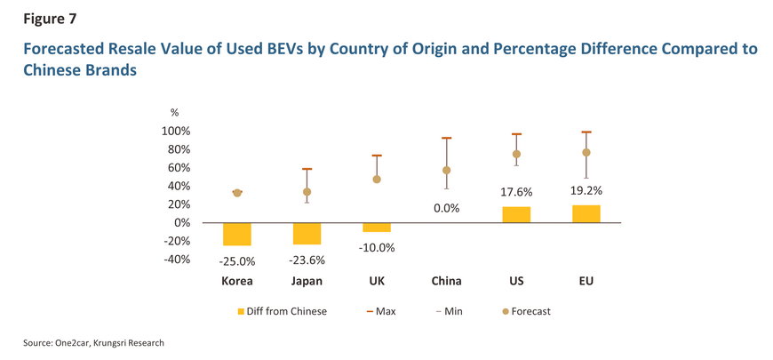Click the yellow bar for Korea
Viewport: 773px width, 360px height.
236,234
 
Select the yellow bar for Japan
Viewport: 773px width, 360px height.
307,233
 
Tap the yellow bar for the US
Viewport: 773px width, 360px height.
516,214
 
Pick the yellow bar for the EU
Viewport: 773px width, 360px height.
586,213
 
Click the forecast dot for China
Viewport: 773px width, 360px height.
446,171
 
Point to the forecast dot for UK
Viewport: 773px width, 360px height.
377,180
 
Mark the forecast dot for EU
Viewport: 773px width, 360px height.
586,153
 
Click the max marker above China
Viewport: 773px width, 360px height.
446,138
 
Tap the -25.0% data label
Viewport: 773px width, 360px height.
236,261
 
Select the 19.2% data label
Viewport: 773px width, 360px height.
586,190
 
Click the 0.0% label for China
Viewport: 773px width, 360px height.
446,209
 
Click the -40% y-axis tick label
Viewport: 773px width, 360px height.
176,260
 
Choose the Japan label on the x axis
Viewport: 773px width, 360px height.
307,282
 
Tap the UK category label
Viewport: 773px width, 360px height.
377,282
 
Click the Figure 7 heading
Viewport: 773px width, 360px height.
41,17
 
